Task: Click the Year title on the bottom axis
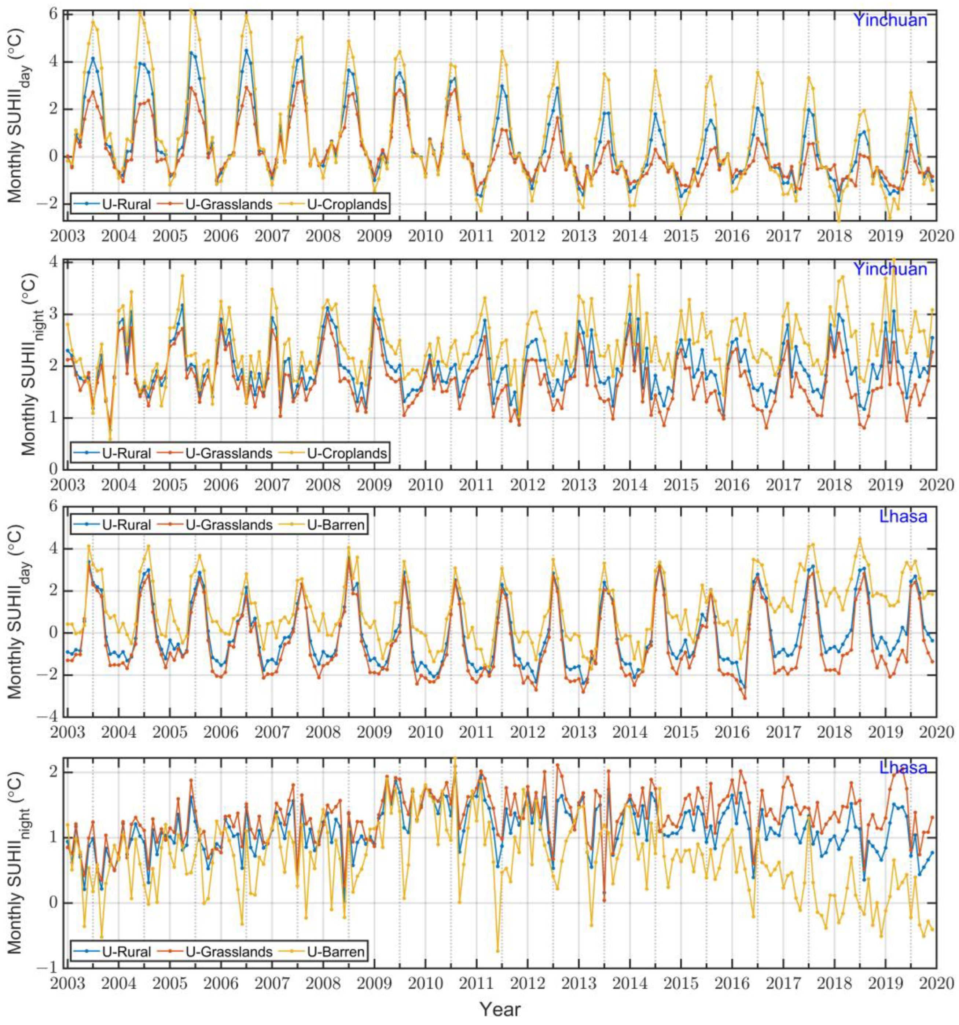[x=500, y=1009]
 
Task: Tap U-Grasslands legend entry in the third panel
[x=228, y=525]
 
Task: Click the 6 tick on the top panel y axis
[x=54, y=14]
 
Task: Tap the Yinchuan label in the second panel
[x=890, y=269]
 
